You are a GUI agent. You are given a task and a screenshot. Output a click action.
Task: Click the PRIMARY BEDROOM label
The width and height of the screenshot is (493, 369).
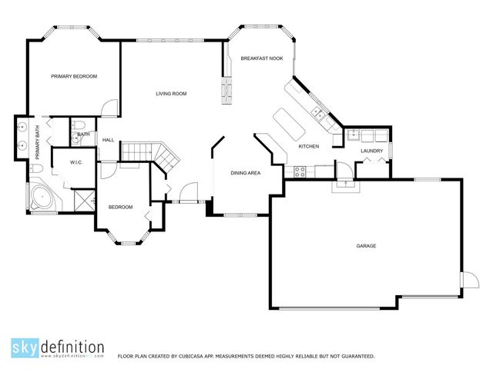pos(74,76)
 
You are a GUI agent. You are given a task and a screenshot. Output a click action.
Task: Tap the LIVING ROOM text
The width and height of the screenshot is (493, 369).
pos(171,94)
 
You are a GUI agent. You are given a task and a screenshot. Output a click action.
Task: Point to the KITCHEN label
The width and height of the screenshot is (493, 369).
pos(309,146)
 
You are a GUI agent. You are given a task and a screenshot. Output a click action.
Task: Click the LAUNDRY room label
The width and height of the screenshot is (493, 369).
pos(372,151)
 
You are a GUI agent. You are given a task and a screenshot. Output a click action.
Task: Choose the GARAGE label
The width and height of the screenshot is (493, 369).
pos(366,246)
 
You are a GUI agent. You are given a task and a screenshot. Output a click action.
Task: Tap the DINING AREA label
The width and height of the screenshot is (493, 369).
pos(246,173)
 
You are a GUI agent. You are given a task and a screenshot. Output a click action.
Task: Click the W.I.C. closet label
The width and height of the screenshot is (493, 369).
pos(76,162)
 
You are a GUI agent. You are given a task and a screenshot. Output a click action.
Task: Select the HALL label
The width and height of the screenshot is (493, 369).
pos(109,140)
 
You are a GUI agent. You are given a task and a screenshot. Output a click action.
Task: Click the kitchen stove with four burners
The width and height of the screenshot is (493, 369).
pos(300,172)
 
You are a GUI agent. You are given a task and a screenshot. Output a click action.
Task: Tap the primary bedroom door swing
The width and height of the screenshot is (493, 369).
pos(112,108)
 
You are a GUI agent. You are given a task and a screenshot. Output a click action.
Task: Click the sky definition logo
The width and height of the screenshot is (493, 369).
pos(58,347)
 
